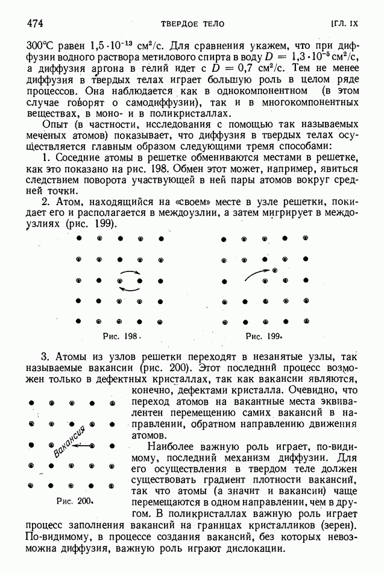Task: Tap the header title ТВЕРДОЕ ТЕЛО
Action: (x=192, y=24)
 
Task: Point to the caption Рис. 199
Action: (x=265, y=336)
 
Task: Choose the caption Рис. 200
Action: (x=74, y=500)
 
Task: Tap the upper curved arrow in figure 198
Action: (x=130, y=274)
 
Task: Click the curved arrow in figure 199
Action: (x=257, y=274)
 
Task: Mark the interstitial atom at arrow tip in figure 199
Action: (x=274, y=271)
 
